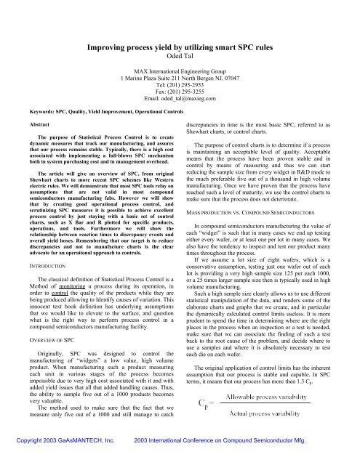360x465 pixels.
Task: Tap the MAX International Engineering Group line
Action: click(180, 73)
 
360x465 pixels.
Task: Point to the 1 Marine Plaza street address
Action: click(180, 81)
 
